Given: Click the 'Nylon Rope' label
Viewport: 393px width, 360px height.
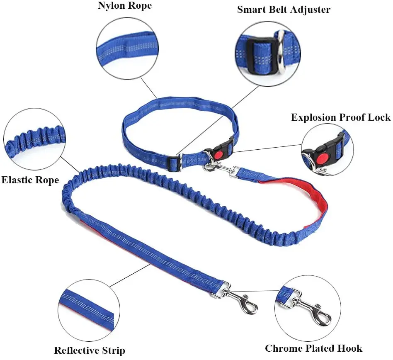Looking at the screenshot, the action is point(124,6).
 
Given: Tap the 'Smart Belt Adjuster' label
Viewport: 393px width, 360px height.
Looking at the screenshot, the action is point(284,9).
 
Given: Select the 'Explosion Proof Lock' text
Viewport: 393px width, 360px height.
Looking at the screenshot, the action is point(340,117).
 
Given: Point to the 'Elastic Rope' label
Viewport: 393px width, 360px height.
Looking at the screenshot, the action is point(30,180).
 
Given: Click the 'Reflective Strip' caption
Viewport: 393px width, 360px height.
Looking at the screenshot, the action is point(90,350).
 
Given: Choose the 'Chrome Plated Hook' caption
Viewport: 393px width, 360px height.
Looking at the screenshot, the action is point(313,348).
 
